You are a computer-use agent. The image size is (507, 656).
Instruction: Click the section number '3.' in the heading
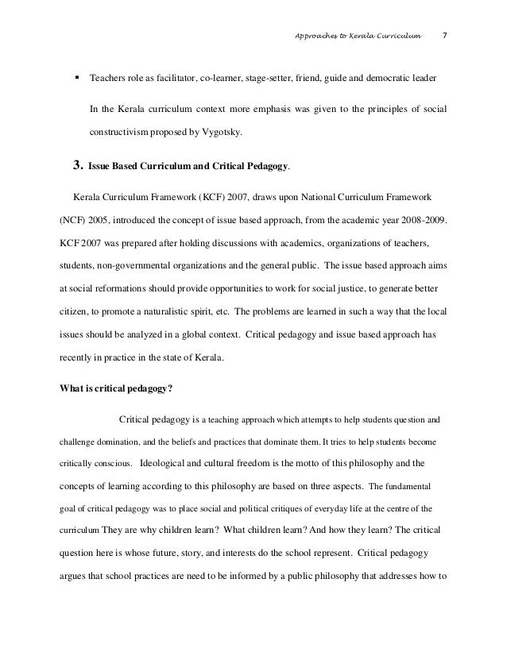[78, 168]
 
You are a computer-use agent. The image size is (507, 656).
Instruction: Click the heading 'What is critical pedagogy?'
[115, 366]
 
